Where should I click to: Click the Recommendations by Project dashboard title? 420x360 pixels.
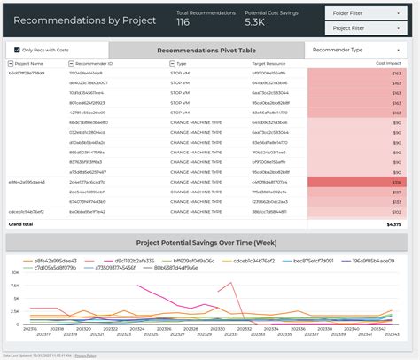click(x=85, y=20)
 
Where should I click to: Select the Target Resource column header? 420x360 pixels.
click(x=271, y=64)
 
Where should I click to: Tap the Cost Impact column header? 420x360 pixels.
click(x=386, y=64)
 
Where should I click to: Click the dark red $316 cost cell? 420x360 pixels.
click(x=354, y=181)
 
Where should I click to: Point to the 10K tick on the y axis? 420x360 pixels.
click(x=14, y=286)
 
